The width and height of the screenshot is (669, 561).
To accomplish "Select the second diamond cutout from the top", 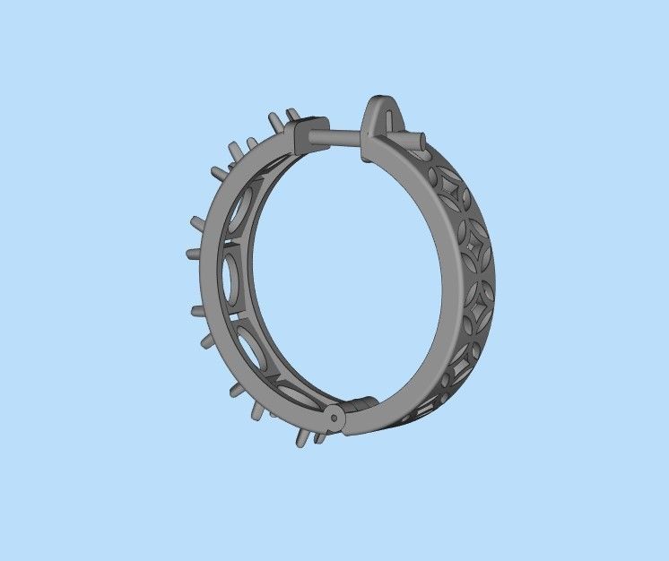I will point(467,239).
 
